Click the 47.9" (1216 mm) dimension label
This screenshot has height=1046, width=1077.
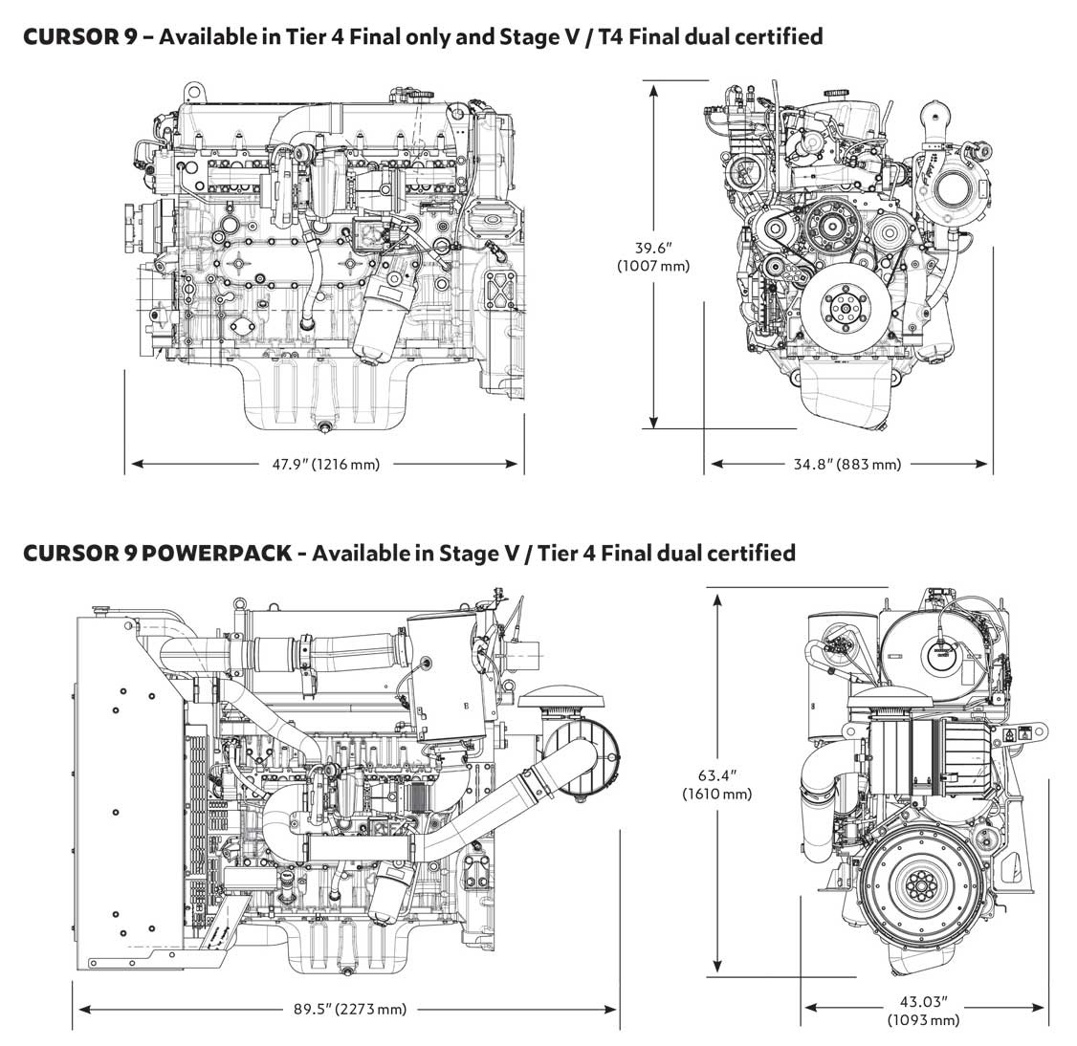(x=326, y=465)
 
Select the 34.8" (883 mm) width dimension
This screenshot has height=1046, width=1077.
(x=847, y=465)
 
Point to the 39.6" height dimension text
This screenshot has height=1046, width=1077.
(x=653, y=248)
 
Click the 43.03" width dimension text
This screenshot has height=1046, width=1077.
(x=923, y=1002)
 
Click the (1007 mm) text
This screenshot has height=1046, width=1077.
(x=653, y=266)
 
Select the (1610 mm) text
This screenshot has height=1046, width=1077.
(x=716, y=794)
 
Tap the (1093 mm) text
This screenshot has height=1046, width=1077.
(x=923, y=1020)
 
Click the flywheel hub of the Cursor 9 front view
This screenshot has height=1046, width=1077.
(x=846, y=309)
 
